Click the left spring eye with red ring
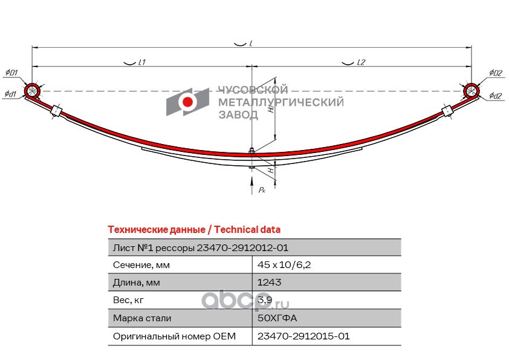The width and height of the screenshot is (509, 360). pyautogui.click(x=32, y=91)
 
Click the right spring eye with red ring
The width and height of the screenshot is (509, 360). pyautogui.click(x=472, y=91)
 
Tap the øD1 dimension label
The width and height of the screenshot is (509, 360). pyautogui.click(x=11, y=73)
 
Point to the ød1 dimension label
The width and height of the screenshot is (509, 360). pyautogui.click(x=10, y=94)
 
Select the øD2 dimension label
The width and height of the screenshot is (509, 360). pyautogui.click(x=496, y=73)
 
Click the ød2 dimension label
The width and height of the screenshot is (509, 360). pyautogui.click(x=496, y=96)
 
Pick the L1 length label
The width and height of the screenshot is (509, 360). pyautogui.click(x=142, y=62)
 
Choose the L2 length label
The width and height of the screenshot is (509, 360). pyautogui.click(x=361, y=62)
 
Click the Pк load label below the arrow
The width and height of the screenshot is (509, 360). pyautogui.click(x=262, y=190)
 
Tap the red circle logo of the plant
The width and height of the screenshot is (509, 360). pyautogui.click(x=188, y=102)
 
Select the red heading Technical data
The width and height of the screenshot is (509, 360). pyautogui.click(x=194, y=229)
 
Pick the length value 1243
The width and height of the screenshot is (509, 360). pyautogui.click(x=269, y=282)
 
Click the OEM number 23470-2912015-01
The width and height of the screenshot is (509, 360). pyautogui.click(x=303, y=336)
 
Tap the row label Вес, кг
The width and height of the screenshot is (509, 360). pyautogui.click(x=129, y=300)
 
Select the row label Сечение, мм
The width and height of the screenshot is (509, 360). pyautogui.click(x=141, y=264)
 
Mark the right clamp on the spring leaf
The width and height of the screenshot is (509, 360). pyautogui.click(x=447, y=111)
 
